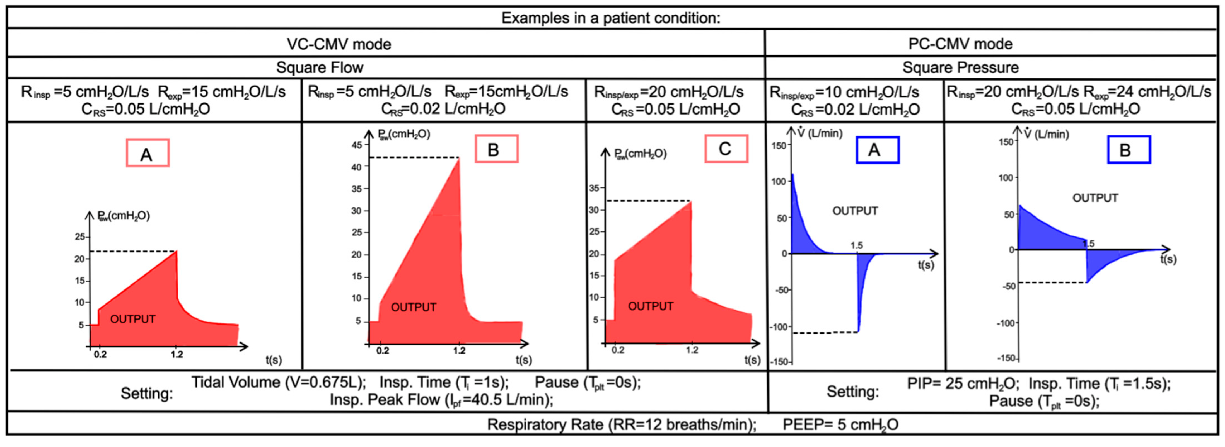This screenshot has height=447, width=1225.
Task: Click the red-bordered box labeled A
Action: (148, 153)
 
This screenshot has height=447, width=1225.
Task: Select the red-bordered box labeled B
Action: (496, 149)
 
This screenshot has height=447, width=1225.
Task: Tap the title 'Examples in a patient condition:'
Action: (611, 18)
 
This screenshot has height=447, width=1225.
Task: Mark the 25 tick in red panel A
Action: (79, 237)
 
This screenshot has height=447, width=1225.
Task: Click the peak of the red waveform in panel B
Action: (458, 158)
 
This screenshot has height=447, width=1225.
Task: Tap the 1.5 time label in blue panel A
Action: (856, 245)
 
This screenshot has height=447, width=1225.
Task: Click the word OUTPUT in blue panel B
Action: (1095, 198)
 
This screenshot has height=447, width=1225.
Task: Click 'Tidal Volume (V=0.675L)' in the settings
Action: (279, 382)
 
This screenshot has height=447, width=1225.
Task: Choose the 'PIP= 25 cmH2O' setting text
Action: (963, 383)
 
